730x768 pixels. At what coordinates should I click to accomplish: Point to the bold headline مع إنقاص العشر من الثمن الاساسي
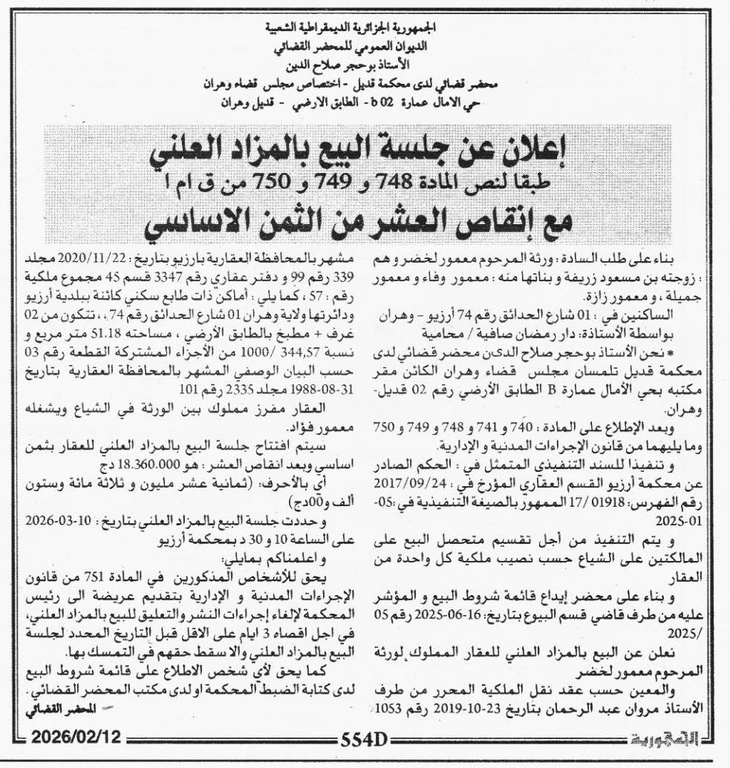point(365,222)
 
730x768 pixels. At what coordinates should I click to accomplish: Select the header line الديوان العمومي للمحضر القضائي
point(364,45)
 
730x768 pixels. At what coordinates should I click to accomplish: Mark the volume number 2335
point(130,374)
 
